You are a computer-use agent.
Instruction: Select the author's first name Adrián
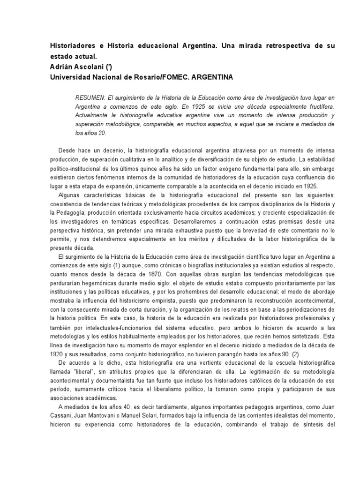(61, 67)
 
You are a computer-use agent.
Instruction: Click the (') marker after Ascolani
(112, 67)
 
